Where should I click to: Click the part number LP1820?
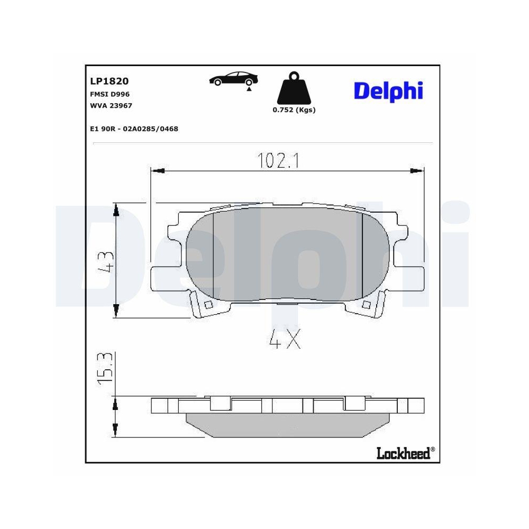tap(110, 81)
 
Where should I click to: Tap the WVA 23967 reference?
tap(111, 105)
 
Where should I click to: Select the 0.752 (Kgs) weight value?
tap(294, 110)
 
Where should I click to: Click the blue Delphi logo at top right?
tap(388, 90)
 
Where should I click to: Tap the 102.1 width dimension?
tap(278, 161)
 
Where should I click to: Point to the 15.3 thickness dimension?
tap(105, 368)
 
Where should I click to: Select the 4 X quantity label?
tap(285, 339)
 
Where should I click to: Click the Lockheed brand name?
tap(403, 453)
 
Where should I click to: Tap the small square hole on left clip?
tap(208, 305)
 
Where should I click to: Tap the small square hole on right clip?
tap(366, 304)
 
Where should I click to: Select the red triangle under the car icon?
tap(248, 90)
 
